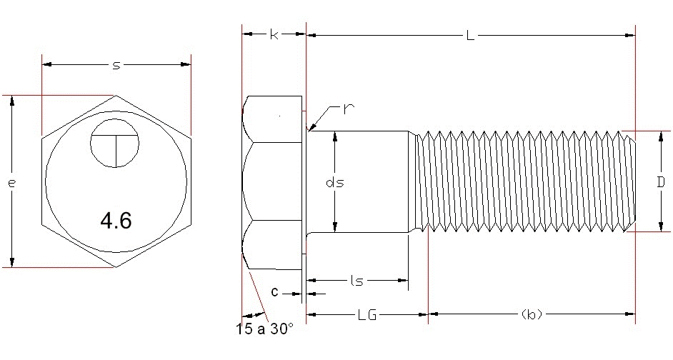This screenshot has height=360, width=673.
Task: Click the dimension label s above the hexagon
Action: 116,65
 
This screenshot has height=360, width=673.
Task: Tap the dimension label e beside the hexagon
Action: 12,183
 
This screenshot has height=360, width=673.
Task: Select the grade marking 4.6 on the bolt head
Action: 116,221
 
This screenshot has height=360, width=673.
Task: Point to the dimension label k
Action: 274,34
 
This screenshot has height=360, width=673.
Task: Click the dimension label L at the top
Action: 469,34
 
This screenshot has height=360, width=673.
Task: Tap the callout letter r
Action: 349,109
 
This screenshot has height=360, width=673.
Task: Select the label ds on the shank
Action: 335,182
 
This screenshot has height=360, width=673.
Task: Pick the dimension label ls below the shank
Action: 357,281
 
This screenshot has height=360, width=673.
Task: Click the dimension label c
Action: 275,293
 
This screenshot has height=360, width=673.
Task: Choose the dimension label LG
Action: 367,314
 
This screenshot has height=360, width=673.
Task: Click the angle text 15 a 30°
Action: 264,330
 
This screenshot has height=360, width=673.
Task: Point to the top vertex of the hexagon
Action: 116,95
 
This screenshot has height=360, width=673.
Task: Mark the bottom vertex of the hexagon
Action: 116,268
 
